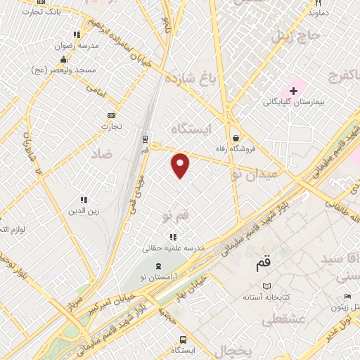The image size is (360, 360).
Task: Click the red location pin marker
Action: [181, 165]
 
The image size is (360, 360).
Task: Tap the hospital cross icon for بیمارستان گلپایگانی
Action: [293, 91]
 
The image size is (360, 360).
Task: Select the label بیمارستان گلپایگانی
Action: [290, 103]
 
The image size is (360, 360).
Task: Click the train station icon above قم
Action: [145, 139]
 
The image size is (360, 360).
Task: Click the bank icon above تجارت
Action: [110, 115]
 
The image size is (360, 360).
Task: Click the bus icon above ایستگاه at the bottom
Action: [182, 337]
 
